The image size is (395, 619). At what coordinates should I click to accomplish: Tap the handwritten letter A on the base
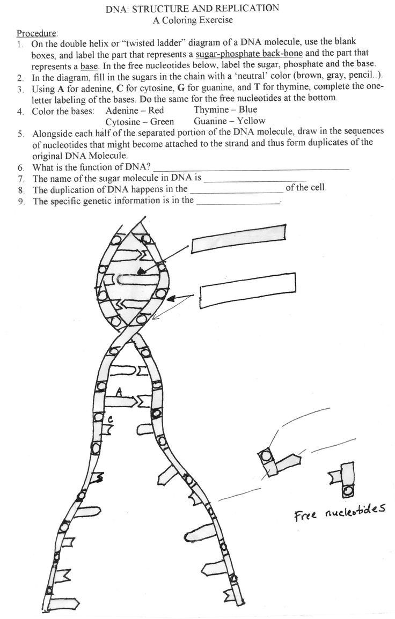coord(120,393)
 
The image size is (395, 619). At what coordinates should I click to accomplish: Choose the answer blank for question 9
coord(239,202)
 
